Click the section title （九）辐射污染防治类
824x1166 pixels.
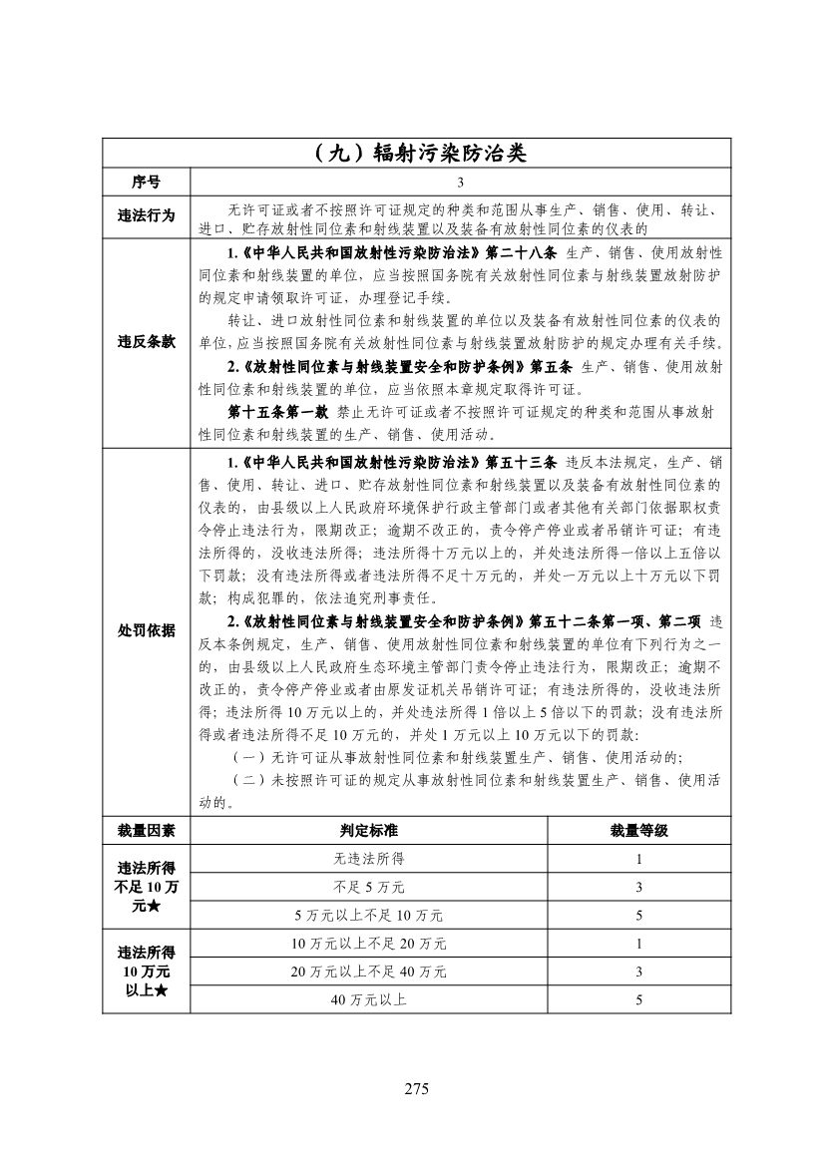click(x=416, y=155)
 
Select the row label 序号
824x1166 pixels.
click(x=146, y=183)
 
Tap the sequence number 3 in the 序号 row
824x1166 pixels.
click(x=460, y=183)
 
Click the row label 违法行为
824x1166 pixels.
click(x=146, y=214)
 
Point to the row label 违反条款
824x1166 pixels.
click(x=146, y=341)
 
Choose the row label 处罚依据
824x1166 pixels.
click(x=146, y=631)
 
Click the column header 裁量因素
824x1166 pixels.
click(x=146, y=830)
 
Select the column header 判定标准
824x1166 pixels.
click(x=368, y=830)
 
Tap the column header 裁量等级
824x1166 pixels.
click(x=638, y=830)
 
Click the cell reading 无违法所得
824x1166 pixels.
click(x=368, y=858)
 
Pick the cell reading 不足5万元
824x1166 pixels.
click(x=368, y=886)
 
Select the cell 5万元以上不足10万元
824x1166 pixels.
click(x=368, y=915)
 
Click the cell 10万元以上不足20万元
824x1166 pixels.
click(x=368, y=943)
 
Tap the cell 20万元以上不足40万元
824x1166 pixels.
click(x=368, y=971)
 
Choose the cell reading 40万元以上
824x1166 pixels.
click(x=368, y=998)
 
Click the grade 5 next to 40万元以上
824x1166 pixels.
click(x=638, y=998)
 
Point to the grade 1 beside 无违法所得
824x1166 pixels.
click(x=638, y=858)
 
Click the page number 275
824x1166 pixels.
click(x=416, y=1089)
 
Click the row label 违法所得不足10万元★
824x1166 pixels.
click(x=146, y=887)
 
